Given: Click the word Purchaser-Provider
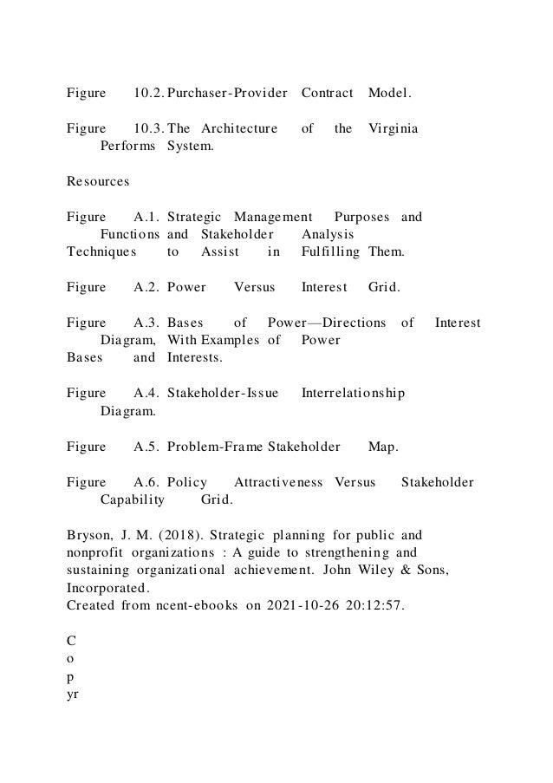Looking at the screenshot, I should click(x=228, y=92).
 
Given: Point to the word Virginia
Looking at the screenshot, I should click(x=393, y=128).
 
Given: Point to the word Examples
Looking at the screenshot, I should click(x=231, y=340).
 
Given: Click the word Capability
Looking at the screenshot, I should click(x=133, y=500).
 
